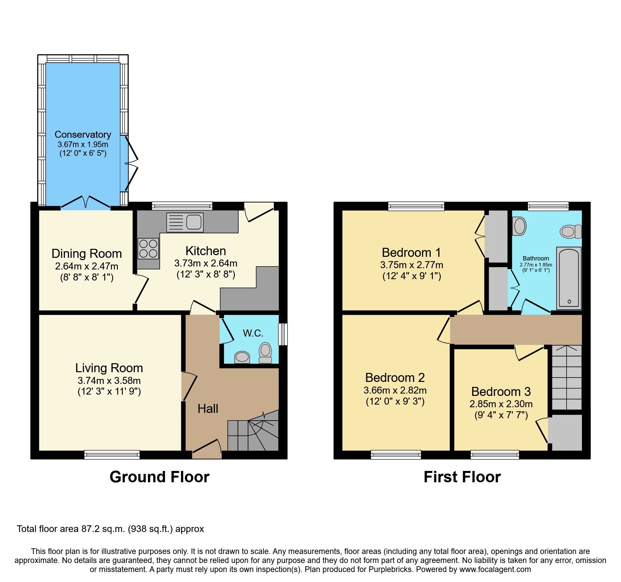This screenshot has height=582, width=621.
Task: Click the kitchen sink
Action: tap(185, 222)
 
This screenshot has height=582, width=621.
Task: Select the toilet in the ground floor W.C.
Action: tap(265, 353)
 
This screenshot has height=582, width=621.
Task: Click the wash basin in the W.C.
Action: tap(242, 357)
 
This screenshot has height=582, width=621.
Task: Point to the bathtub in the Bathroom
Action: tap(569, 278)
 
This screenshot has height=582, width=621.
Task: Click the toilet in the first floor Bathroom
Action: tap(571, 231)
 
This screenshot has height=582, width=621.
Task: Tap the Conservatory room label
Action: tap(83, 134)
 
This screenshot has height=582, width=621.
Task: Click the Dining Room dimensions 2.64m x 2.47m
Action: tap(87, 266)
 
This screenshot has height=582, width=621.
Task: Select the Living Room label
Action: tap(109, 368)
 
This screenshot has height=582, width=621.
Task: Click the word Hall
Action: tap(208, 409)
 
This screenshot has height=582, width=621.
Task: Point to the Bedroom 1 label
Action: tap(411, 252)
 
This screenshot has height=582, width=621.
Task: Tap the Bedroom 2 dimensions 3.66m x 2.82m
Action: tap(395, 390)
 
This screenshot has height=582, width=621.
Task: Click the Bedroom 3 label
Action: tap(501, 391)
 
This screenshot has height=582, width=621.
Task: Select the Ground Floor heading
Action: tap(160, 477)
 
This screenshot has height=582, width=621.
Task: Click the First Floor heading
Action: tap(462, 477)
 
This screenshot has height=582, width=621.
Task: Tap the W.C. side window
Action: tap(283, 334)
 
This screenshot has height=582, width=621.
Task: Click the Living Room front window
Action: tap(112, 454)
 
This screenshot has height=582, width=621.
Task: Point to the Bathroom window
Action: tap(548, 206)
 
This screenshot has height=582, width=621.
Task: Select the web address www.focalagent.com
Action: tap(495, 569)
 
